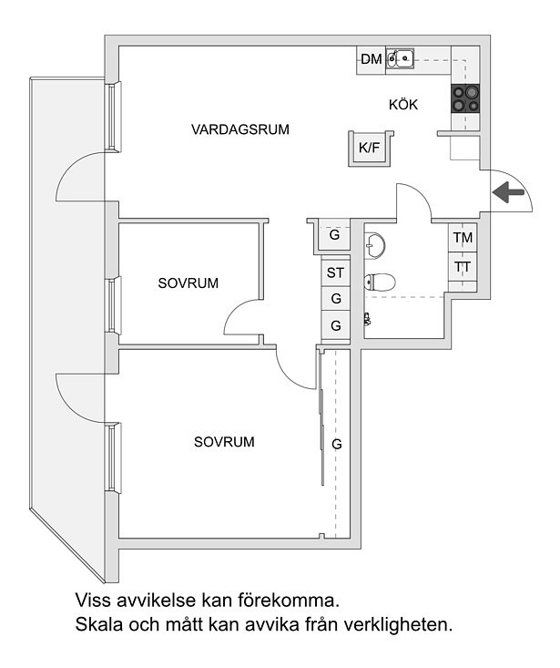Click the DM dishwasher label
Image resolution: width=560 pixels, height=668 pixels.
(x=372, y=59)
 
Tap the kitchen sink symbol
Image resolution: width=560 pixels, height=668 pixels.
(x=400, y=57)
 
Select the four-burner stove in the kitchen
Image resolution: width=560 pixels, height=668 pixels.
(x=465, y=98)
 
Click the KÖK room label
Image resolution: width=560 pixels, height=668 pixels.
(x=403, y=105)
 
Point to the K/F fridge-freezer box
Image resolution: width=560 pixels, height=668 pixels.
(x=370, y=149)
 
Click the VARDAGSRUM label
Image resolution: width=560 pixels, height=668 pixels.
(x=240, y=129)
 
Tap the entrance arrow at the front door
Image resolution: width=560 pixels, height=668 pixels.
(x=508, y=192)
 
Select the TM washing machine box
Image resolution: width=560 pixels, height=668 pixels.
(x=463, y=237)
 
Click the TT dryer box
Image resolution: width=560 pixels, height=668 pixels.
(x=463, y=266)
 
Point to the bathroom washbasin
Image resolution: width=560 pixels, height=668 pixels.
(x=374, y=244)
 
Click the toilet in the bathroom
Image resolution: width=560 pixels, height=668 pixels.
(x=380, y=282)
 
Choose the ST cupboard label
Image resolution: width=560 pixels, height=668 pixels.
(x=335, y=272)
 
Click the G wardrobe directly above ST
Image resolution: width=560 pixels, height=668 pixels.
(x=335, y=235)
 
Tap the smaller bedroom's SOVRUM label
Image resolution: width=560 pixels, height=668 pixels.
(x=188, y=283)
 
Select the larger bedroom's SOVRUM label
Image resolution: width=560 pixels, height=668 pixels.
(x=224, y=442)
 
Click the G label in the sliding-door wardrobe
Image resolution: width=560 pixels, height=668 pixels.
(x=337, y=445)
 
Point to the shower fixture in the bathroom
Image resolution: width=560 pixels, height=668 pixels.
(x=367, y=319)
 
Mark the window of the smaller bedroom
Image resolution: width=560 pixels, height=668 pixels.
(x=112, y=305)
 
